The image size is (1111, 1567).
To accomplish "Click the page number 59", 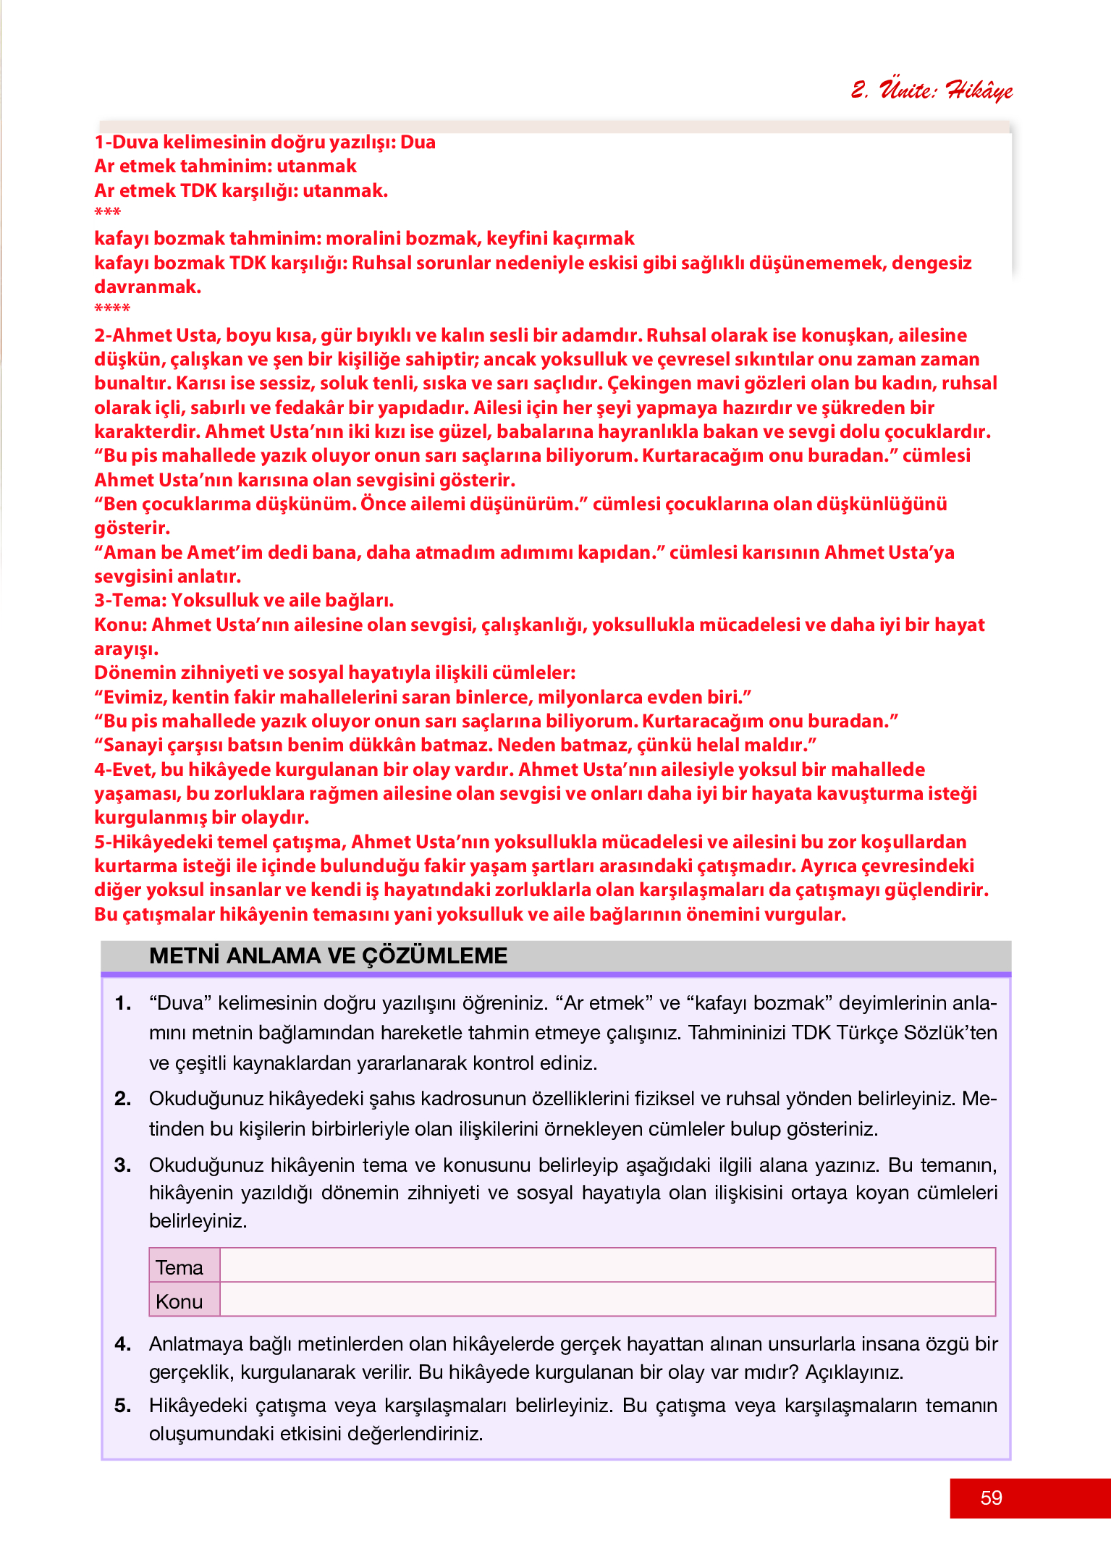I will [991, 1498].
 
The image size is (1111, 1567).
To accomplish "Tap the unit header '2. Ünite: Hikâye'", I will [932, 90].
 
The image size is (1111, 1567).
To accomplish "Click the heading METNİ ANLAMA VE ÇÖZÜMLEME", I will [328, 955].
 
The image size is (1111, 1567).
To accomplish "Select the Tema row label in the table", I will [179, 1267].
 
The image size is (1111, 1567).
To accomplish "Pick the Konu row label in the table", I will [179, 1301].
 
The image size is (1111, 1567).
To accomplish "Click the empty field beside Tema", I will [607, 1265].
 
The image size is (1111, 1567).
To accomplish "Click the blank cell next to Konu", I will [607, 1300].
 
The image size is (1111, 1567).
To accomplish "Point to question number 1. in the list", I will [123, 1003].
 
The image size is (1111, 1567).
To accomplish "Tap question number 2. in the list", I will [123, 1099].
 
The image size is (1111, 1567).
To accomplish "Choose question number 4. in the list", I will [123, 1344].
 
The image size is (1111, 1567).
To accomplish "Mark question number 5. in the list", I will [123, 1406].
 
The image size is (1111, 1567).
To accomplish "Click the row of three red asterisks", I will [108, 213].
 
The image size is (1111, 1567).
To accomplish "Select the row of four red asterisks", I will [112, 309].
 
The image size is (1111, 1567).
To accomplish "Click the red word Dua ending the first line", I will [418, 142].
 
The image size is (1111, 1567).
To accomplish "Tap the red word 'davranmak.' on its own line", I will [148, 287].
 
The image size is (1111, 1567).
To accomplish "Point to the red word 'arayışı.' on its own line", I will [126, 649].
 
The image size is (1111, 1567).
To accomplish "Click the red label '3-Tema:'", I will [131, 600].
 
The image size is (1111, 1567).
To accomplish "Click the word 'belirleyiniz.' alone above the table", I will [198, 1221].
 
